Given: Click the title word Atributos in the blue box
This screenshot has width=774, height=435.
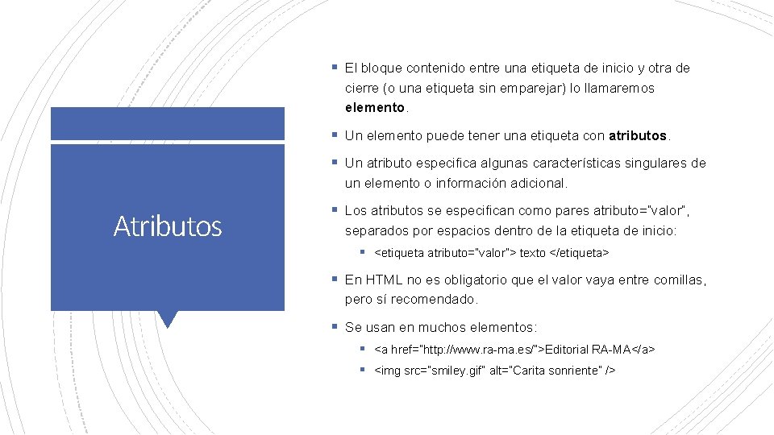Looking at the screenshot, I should [168, 226].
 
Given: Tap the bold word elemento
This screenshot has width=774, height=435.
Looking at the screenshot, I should [375, 107].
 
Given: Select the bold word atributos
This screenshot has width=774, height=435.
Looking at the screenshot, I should [639, 135].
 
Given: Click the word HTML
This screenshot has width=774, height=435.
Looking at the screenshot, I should [384, 280].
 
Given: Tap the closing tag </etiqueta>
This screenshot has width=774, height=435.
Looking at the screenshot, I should [579, 253].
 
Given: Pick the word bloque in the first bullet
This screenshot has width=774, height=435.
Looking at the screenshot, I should [383, 68].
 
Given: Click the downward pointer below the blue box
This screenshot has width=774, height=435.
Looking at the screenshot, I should [168, 319].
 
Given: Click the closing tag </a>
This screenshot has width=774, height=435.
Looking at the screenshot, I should [643, 350].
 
